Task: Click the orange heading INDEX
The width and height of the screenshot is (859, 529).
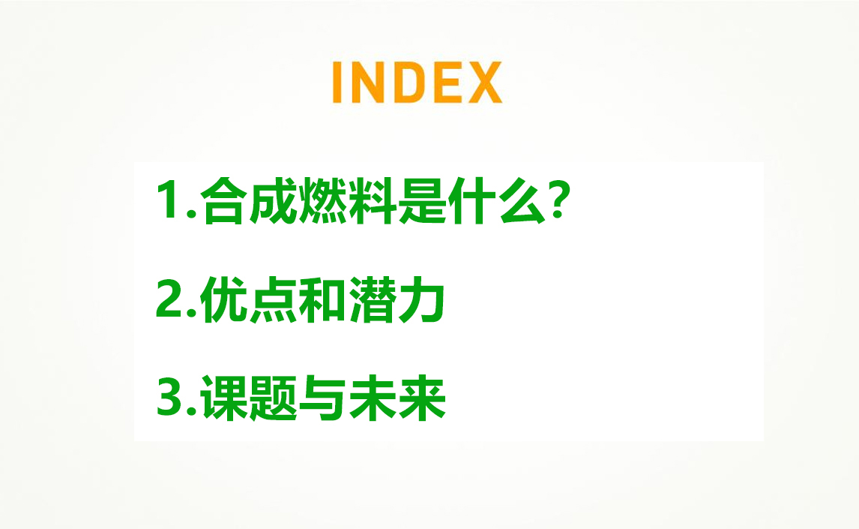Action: [x=418, y=83]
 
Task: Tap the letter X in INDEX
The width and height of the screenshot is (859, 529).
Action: [x=485, y=83]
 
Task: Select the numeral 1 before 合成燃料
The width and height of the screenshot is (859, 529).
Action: [x=168, y=200]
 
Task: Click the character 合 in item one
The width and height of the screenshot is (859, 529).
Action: [x=223, y=200]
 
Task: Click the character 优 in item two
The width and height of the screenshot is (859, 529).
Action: [x=223, y=299]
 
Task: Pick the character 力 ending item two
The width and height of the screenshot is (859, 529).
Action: [x=421, y=299]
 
